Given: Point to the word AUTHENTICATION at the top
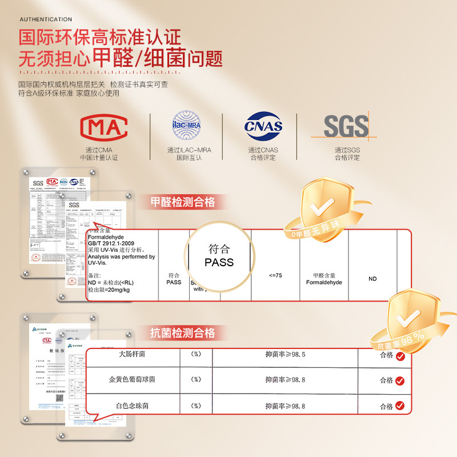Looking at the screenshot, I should pyautogui.click(x=46, y=19).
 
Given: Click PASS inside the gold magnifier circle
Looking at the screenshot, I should pyautogui.click(x=219, y=262).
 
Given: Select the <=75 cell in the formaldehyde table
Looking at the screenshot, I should pyautogui.click(x=275, y=275).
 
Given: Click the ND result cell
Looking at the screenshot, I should pyautogui.click(x=372, y=279).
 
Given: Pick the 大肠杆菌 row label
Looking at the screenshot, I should pyautogui.click(x=131, y=354).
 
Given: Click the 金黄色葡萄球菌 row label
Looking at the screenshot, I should pyautogui.click(x=131, y=379).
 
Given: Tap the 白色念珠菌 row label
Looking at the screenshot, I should pyautogui.click(x=131, y=406).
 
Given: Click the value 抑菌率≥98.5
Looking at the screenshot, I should pyautogui.click(x=285, y=354).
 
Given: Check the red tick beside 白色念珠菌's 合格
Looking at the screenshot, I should pyautogui.click(x=400, y=406).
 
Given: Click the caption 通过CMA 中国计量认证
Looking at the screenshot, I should pyautogui.click(x=103, y=154).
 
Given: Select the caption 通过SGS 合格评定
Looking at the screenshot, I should pyautogui.click(x=347, y=154).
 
